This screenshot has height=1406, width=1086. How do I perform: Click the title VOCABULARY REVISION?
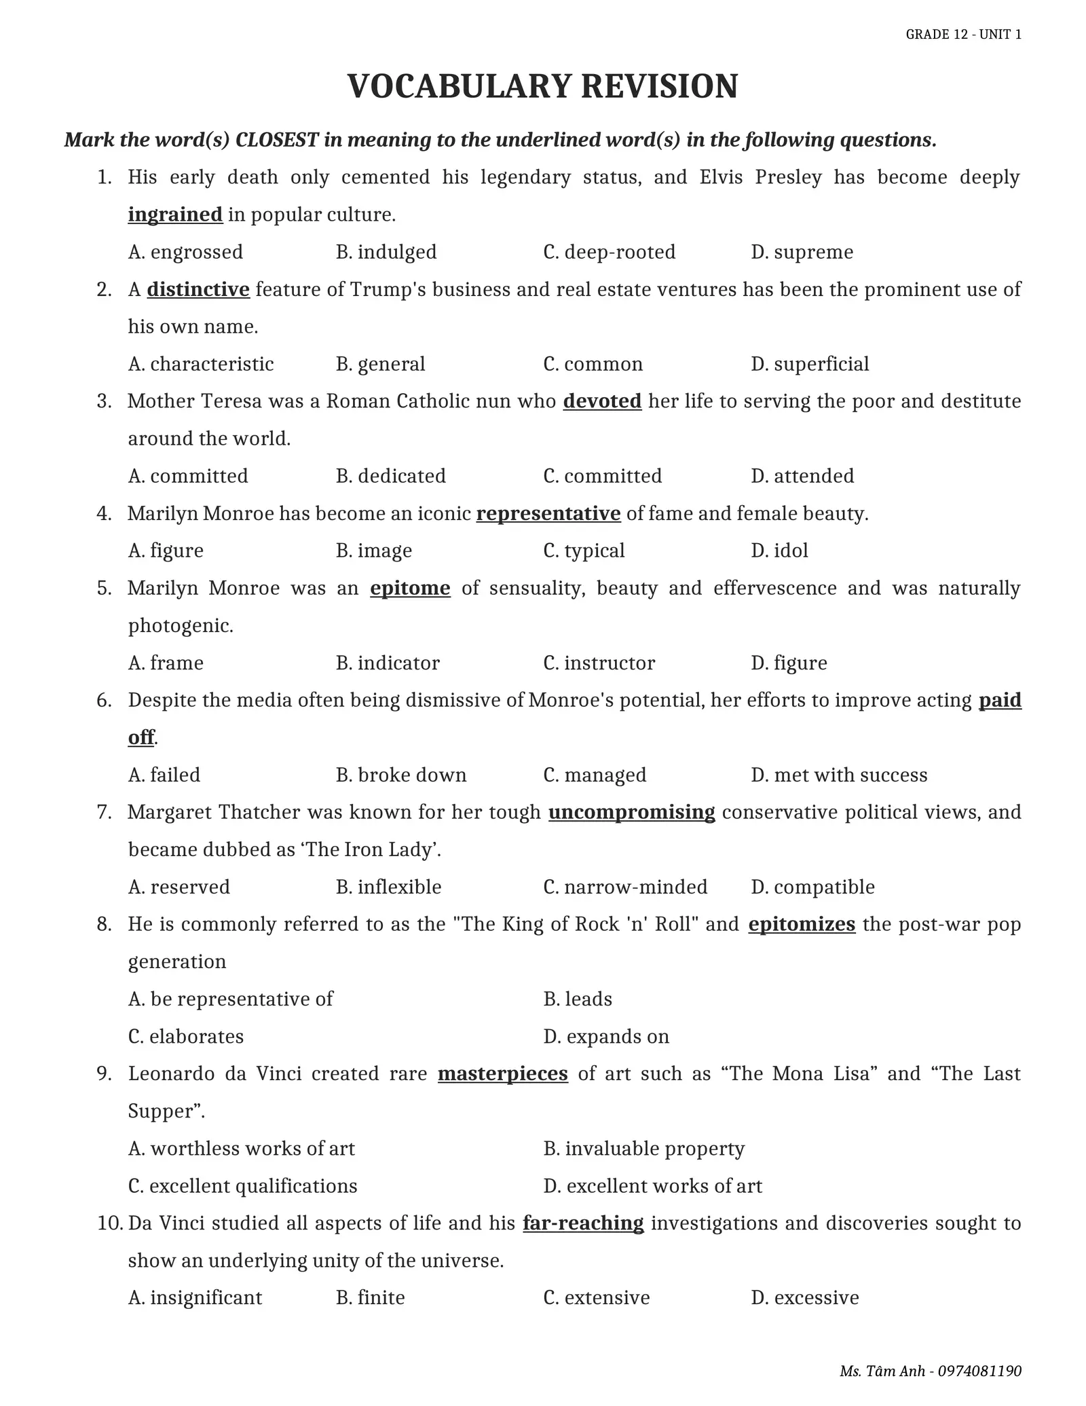point(542,87)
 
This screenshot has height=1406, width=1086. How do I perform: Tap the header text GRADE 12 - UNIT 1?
point(963,35)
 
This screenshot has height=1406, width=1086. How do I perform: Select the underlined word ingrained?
point(175,215)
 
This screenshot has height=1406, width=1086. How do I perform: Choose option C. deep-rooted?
point(609,252)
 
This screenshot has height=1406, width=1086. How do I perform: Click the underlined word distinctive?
point(198,290)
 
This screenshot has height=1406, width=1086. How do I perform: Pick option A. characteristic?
point(201,364)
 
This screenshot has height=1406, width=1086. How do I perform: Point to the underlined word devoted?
point(602,401)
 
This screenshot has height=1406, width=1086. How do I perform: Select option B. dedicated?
point(390,476)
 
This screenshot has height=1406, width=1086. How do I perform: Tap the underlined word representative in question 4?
point(548,514)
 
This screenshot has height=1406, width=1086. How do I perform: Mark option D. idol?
point(779,551)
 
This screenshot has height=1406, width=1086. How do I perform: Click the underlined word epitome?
point(410,588)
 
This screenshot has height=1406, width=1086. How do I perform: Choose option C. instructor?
point(599,663)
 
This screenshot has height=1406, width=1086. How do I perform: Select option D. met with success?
point(839,775)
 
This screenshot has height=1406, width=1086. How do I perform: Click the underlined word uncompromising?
point(631,813)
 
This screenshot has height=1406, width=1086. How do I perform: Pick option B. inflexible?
point(388,887)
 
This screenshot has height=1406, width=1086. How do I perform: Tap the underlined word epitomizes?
point(802,925)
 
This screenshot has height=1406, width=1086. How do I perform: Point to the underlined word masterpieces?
point(502,1074)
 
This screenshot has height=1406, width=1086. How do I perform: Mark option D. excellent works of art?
point(652,1186)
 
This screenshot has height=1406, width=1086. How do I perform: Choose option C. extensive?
point(596,1298)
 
